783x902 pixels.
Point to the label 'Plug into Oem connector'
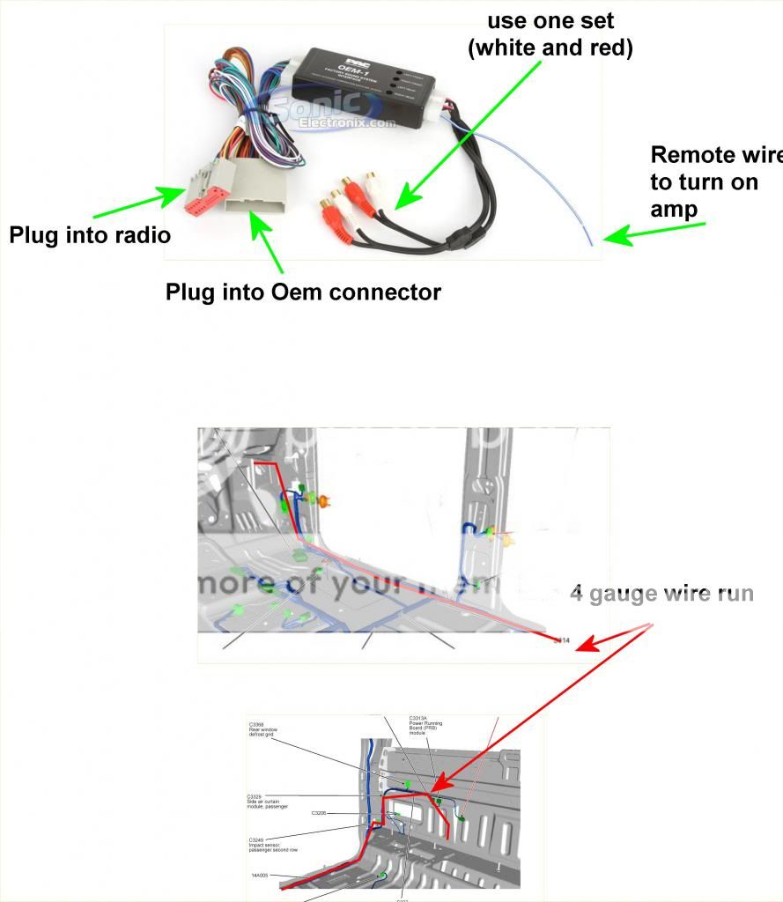coord(303,292)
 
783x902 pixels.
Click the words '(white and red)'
coord(550,48)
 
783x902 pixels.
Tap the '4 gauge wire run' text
coord(661,593)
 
